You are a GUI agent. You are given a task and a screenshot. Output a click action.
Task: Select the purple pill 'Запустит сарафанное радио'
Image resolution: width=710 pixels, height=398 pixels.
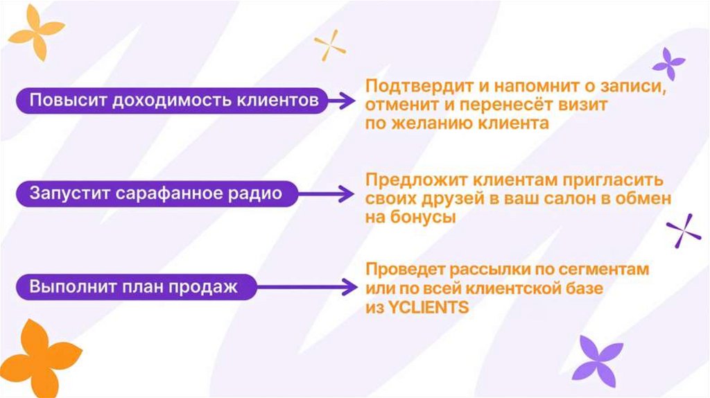[x=155, y=193]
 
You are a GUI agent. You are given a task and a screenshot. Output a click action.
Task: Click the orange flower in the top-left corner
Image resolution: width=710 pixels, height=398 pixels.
[x=35, y=32]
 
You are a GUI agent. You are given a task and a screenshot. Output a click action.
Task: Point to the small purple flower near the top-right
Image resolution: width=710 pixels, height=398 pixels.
[x=668, y=64]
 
